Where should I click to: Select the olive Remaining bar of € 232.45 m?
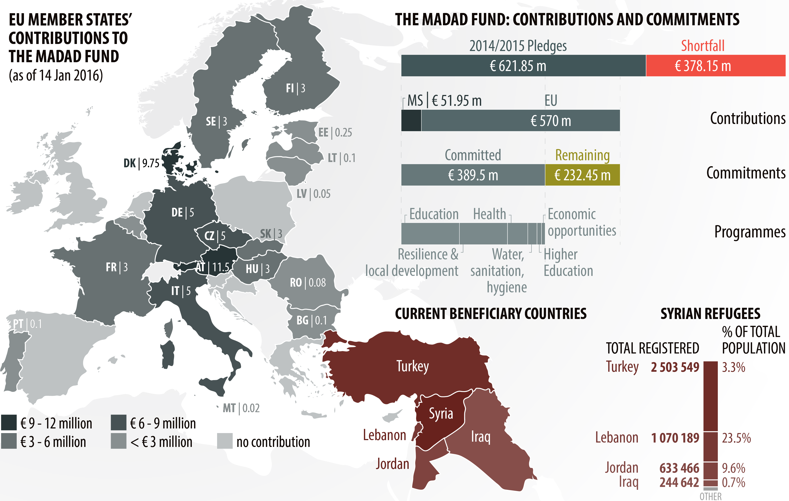tap(582, 175)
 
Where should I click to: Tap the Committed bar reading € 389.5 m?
tap(473, 175)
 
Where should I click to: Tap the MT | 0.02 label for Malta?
tap(241, 408)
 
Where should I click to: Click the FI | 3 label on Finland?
tap(296, 88)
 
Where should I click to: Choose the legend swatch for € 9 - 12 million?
tap(9, 423)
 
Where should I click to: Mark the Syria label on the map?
tap(441, 414)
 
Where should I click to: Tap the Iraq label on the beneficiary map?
tap(481, 437)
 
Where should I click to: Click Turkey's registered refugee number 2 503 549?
tap(675, 367)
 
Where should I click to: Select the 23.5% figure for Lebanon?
tap(736, 438)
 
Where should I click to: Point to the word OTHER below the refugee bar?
tap(710, 496)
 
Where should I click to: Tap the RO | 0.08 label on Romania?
tap(308, 283)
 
